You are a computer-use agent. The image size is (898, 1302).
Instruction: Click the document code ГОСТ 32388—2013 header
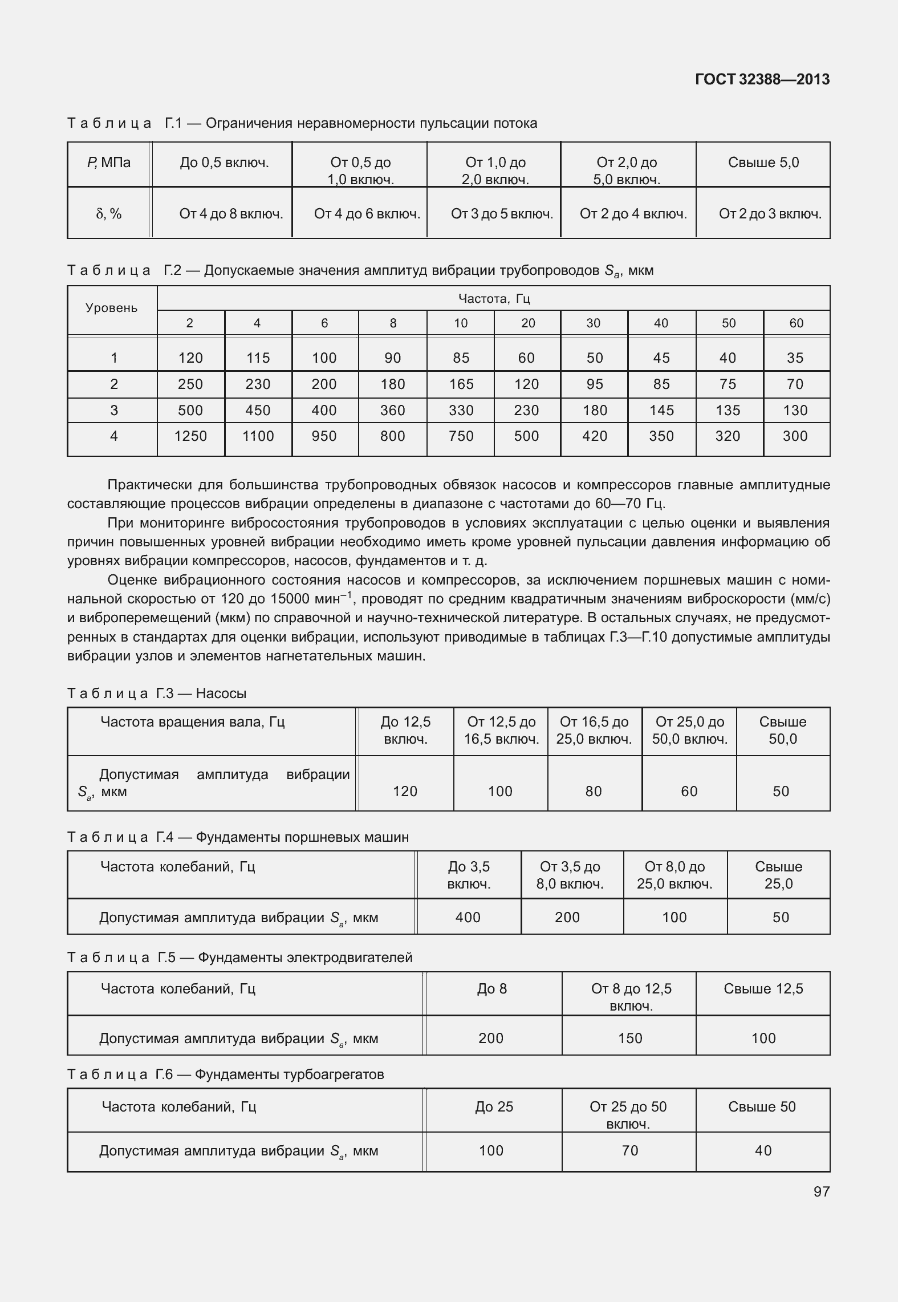[x=762, y=79]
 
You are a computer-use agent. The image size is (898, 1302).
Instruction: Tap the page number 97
[x=821, y=1191]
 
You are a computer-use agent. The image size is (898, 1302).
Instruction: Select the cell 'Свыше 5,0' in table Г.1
[x=763, y=163]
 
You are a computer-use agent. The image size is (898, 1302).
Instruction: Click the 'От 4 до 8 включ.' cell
[x=231, y=214]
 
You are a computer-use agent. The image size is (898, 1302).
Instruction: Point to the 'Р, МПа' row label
[x=109, y=163]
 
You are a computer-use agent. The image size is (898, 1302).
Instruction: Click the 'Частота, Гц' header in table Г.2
[x=494, y=298]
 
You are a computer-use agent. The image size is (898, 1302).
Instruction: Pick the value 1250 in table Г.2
[x=190, y=436]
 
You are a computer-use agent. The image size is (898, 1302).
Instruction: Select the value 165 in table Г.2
[x=461, y=384]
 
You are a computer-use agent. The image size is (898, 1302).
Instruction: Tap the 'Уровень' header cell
[x=112, y=309]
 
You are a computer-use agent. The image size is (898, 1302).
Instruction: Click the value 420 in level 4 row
[x=594, y=436]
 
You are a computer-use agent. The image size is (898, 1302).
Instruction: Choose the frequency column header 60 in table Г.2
[x=796, y=323]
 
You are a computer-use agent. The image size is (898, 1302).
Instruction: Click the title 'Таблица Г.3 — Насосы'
[x=157, y=693]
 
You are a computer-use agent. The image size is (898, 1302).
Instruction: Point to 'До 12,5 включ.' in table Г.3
[x=405, y=731]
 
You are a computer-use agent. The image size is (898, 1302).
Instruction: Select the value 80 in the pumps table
[x=594, y=792]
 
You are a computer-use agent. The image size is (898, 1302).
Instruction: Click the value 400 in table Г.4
[x=468, y=918]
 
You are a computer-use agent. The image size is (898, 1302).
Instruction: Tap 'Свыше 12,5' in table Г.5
[x=763, y=989]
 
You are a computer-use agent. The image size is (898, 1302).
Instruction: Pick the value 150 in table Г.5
[x=629, y=1039]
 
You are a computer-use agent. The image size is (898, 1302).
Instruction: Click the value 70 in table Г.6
[x=629, y=1151]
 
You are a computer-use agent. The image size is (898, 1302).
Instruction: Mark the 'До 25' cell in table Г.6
[x=494, y=1107]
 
